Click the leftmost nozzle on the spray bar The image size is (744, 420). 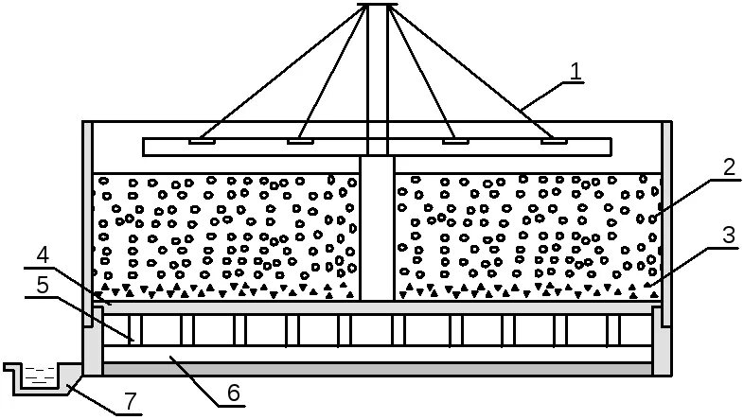click(x=202, y=142)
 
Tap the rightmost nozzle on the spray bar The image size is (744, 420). click(x=554, y=142)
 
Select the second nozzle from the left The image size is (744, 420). click(x=300, y=142)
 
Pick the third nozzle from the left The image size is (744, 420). click(x=455, y=142)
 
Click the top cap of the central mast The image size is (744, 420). click(x=376, y=6)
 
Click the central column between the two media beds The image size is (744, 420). click(x=377, y=227)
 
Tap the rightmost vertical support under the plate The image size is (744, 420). click(x=620, y=330)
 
